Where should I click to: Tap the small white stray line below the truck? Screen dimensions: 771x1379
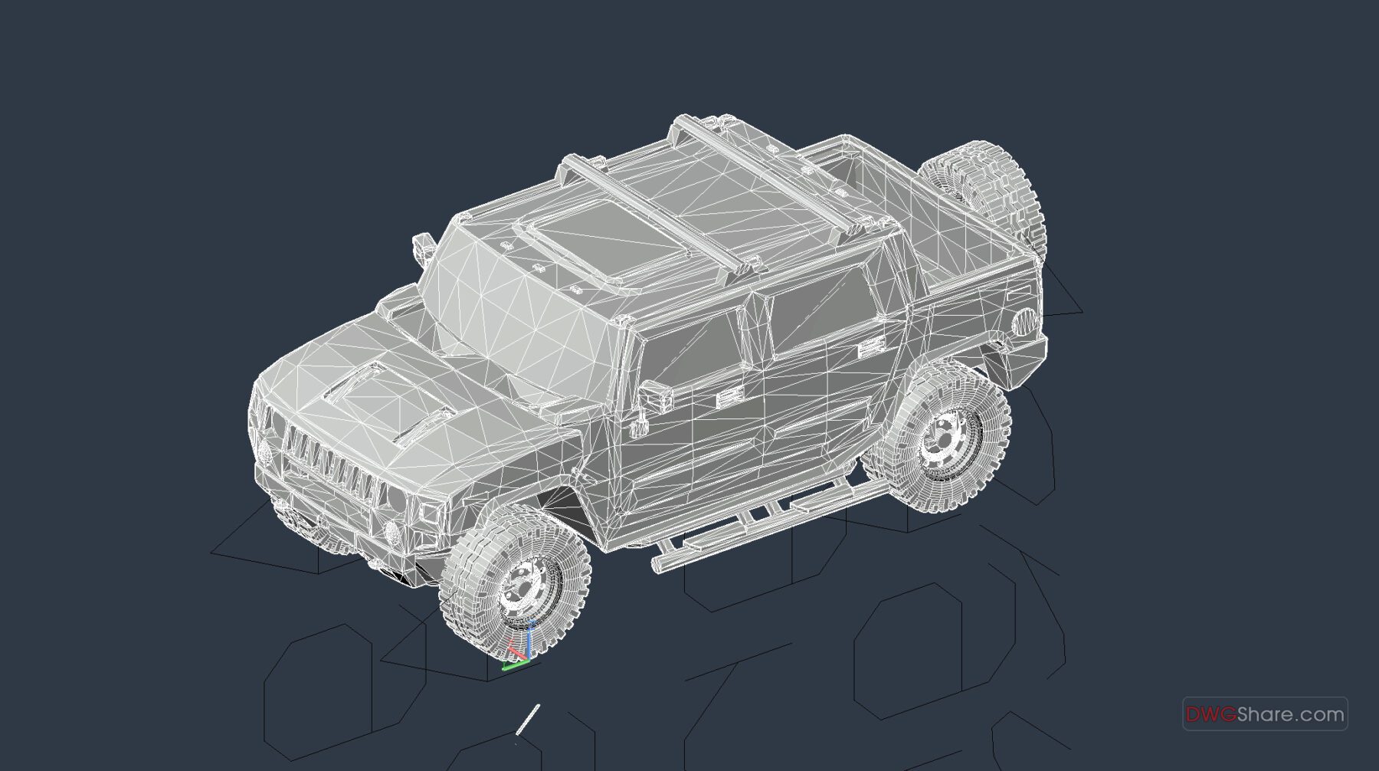point(529,718)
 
